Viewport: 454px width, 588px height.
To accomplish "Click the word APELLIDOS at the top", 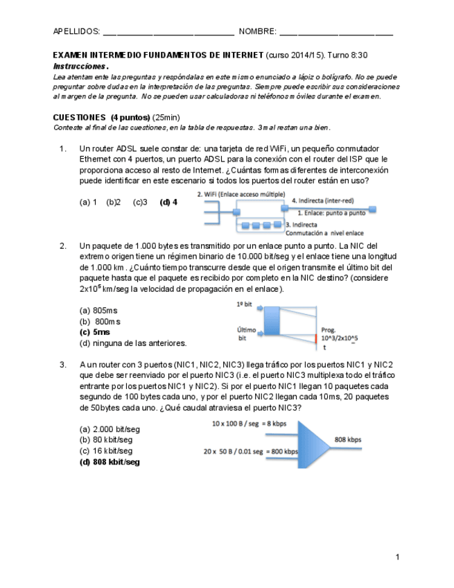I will [76, 32].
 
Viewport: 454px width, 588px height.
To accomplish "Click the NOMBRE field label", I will [257, 32].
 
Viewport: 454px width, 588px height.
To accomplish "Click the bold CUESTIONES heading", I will [79, 118].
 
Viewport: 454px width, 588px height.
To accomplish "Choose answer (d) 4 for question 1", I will [168, 202].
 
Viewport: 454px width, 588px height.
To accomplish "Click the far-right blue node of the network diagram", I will [373, 207].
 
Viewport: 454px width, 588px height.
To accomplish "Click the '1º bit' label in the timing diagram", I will [244, 304].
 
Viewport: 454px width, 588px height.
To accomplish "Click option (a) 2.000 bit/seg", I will [110, 429].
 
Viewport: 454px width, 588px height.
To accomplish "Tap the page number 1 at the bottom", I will [397, 556].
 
